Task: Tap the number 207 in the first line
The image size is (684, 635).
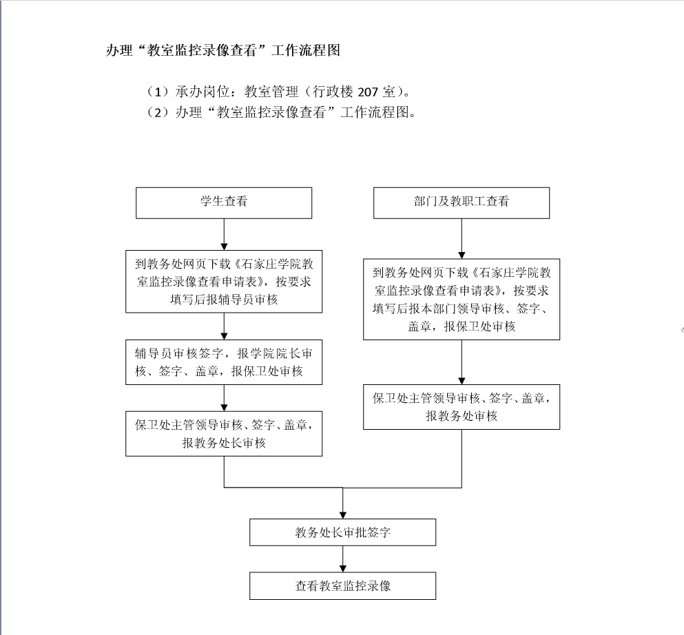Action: click(x=368, y=92)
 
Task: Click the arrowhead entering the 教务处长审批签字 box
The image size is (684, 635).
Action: click(x=343, y=515)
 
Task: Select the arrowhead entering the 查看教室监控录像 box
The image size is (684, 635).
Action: click(x=343, y=569)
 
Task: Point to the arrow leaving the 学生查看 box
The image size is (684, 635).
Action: click(x=224, y=234)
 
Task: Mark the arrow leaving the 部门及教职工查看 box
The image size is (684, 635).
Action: click(x=462, y=238)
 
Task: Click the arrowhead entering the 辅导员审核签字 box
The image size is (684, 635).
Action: click(x=224, y=336)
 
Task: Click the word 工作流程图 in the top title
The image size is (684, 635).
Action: click(x=306, y=50)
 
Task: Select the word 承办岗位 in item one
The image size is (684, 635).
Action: click(x=203, y=92)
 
